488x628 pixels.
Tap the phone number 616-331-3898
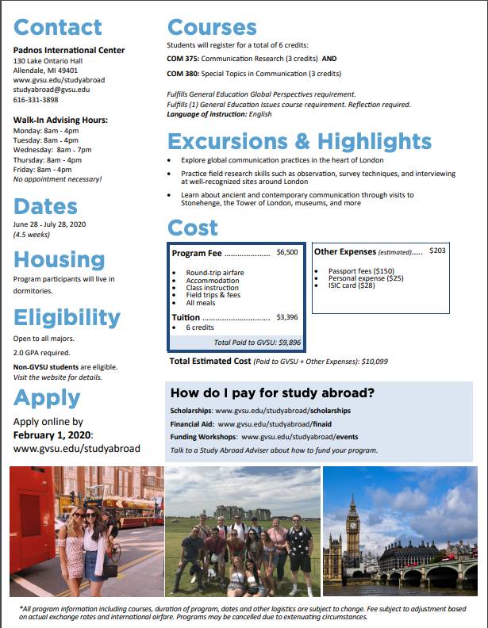(36, 100)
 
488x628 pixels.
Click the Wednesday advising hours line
(52, 150)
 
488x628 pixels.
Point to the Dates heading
(45, 206)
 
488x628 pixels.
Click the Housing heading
(59, 259)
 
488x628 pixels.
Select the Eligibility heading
(67, 317)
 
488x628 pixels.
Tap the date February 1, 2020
(53, 435)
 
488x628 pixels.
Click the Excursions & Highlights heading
(299, 142)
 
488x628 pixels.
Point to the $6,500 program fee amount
(286, 253)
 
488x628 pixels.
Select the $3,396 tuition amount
(286, 317)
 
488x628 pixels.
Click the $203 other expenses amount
(437, 251)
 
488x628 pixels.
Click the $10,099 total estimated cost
(374, 362)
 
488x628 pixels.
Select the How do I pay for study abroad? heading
(273, 393)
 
